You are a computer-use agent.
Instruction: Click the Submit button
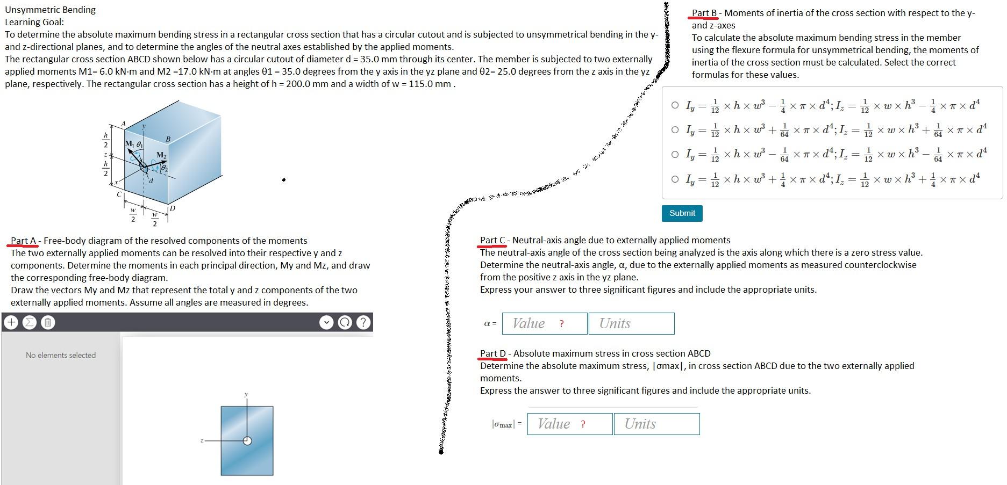click(x=682, y=213)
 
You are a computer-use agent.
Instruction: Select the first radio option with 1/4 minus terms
click(x=675, y=105)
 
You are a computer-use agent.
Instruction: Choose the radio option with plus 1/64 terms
click(x=675, y=129)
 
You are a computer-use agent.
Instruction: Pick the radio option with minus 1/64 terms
click(x=675, y=155)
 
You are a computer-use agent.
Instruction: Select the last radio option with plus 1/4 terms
click(x=675, y=179)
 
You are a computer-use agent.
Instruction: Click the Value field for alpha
click(x=544, y=323)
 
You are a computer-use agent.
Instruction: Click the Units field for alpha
click(x=631, y=323)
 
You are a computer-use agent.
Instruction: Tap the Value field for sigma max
click(x=569, y=424)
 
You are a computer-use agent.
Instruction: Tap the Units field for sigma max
click(x=656, y=424)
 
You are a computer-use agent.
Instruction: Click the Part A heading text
click(x=24, y=241)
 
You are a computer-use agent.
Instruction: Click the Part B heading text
click(x=704, y=13)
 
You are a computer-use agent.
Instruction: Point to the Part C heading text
click(x=492, y=240)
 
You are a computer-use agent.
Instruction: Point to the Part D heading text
click(x=493, y=353)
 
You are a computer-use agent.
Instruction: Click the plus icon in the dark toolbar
click(x=11, y=322)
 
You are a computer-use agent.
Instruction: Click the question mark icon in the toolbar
click(x=363, y=322)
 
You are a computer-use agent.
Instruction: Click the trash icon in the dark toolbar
click(x=47, y=322)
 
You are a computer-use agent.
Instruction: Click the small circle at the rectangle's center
click(x=247, y=441)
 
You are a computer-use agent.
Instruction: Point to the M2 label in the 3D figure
click(x=161, y=155)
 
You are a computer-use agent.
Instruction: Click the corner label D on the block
click(x=173, y=208)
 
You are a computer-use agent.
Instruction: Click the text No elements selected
click(x=61, y=355)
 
